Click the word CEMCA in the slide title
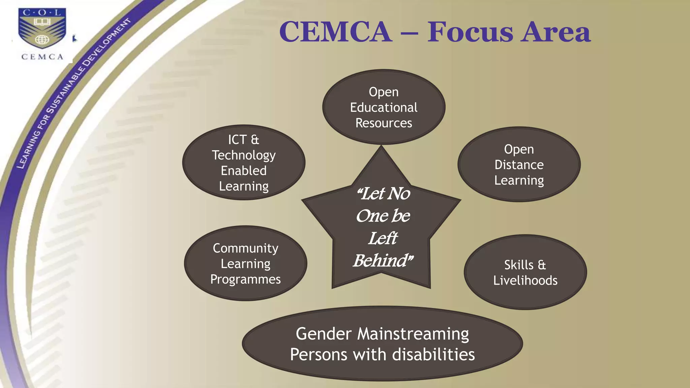[336, 32]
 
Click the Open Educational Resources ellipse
[384, 107]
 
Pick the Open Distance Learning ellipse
[519, 164]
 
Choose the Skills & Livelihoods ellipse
[525, 272]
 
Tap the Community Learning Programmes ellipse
[246, 263]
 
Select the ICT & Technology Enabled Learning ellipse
[244, 163]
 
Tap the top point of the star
[381, 150]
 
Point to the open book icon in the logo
[42, 22]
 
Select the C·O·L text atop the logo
[42, 13]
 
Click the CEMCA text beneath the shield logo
[42, 57]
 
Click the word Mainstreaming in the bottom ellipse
[413, 334]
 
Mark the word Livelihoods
[525, 281]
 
